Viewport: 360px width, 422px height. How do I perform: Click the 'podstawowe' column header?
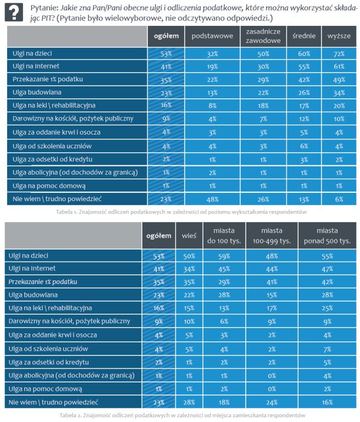[213, 36]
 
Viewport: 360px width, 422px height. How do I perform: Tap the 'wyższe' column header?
[339, 36]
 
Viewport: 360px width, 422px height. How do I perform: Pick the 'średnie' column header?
[304, 36]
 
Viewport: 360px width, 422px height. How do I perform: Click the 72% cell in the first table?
[339, 54]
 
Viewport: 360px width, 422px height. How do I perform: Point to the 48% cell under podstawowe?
[213, 198]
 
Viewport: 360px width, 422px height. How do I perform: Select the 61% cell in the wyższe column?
[339, 66]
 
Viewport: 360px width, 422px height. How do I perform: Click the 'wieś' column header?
[189, 235]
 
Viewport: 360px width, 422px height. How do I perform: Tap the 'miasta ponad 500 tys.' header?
[329, 235]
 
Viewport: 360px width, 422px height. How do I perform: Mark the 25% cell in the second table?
[329, 308]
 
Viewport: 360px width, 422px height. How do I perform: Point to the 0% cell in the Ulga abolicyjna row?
[272, 375]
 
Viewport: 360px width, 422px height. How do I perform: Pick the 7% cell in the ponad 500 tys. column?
[329, 349]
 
